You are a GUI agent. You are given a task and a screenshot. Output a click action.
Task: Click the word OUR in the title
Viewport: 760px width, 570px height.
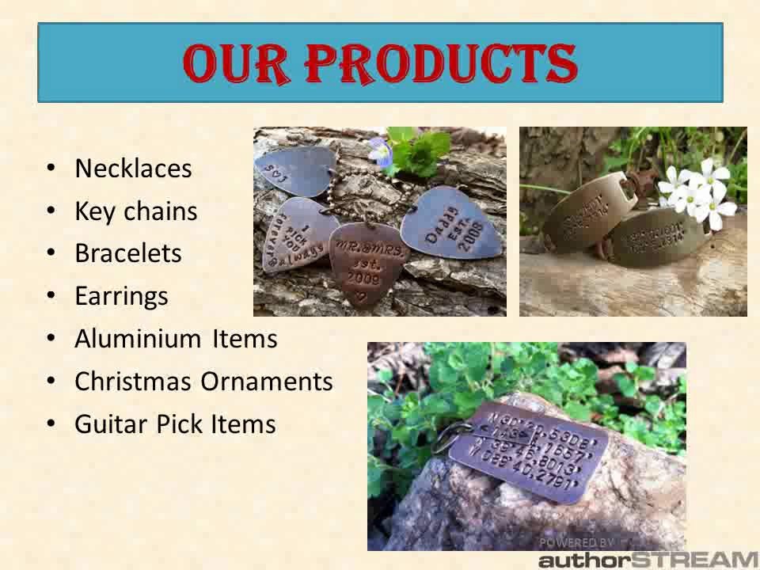[x=241, y=64]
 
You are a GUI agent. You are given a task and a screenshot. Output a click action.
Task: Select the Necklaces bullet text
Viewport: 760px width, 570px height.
[x=133, y=169]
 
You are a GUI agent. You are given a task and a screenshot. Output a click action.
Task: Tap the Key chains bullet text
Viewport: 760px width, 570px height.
[x=135, y=211]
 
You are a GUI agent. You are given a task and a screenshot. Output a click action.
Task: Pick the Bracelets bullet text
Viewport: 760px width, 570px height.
[x=128, y=253]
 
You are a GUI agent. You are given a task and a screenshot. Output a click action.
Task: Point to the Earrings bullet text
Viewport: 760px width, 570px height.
[x=121, y=296]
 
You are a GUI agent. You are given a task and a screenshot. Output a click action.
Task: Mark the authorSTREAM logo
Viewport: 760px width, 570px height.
[x=648, y=559]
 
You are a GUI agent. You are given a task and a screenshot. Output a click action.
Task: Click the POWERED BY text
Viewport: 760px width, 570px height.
[x=576, y=542]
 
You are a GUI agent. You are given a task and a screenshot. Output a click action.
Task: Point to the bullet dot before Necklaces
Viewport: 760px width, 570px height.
[x=51, y=169]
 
